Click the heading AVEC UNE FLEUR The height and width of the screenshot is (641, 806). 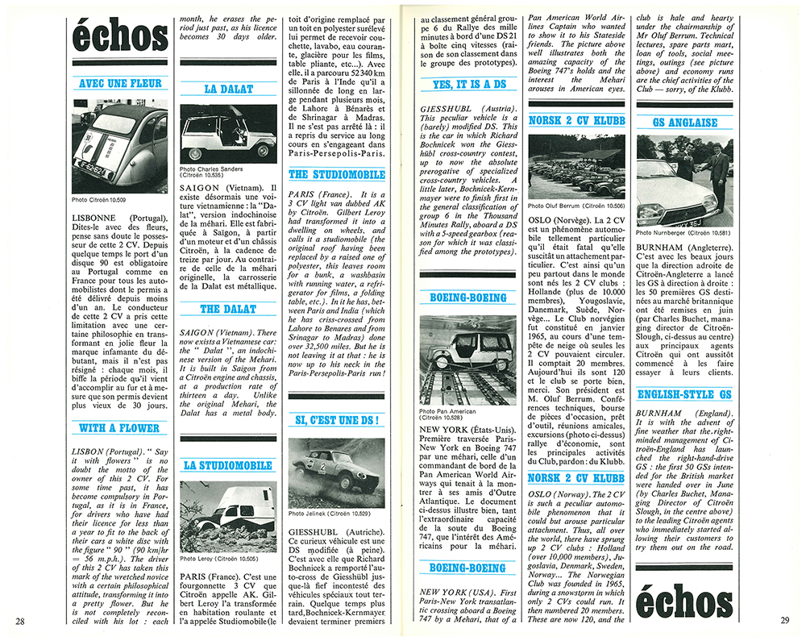click(119, 83)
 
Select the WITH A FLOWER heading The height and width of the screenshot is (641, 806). click(119, 428)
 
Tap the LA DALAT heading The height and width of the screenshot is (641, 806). click(228, 89)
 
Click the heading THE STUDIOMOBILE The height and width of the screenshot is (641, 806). click(337, 174)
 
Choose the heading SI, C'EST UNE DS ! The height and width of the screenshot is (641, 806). click(337, 419)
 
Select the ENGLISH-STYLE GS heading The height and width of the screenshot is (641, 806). click(684, 394)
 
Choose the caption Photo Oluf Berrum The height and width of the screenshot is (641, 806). click(566, 205)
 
